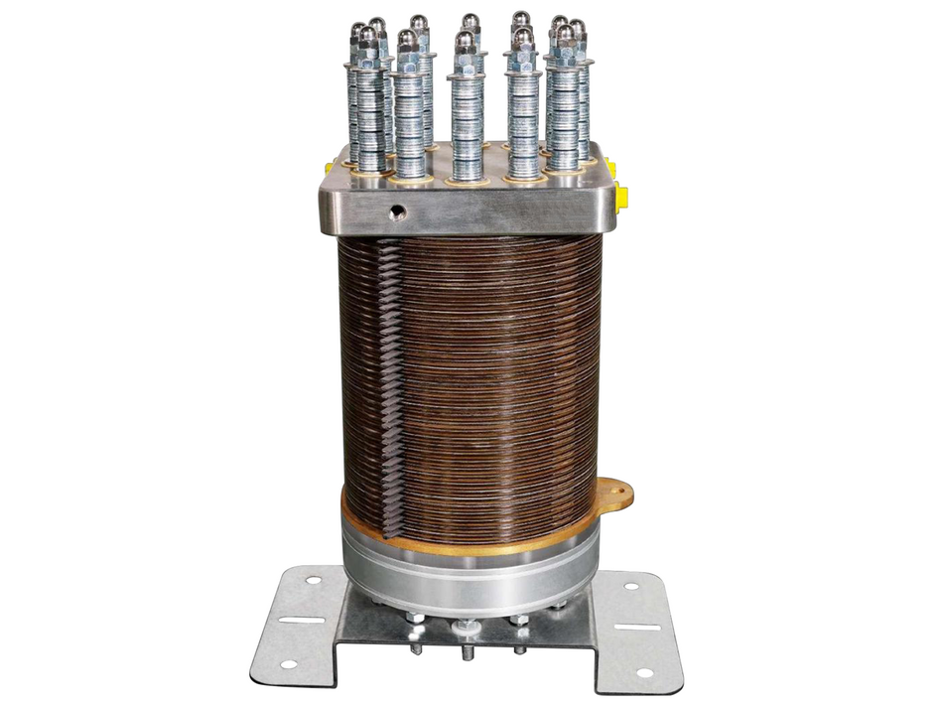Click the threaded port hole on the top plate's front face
coord(398,212)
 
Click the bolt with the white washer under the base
coord(464,628)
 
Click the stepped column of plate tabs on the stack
coord(388,377)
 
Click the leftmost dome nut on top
coord(358,32)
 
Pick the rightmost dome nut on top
coord(577,28)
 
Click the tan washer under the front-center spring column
coord(466,182)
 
